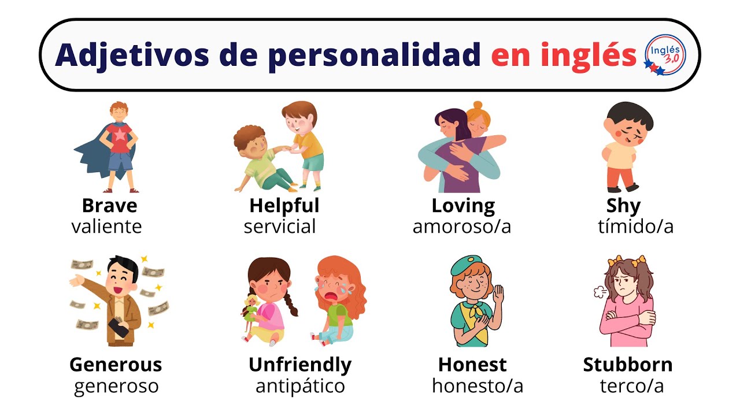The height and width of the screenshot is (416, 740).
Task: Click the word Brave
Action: pyautogui.click(x=110, y=206)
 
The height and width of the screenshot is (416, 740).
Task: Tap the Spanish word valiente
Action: pyautogui.click(x=106, y=226)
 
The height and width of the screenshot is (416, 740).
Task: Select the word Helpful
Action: pyautogui.click(x=284, y=206)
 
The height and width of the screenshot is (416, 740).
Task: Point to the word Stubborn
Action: pyautogui.click(x=628, y=365)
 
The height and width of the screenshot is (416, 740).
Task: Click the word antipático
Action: pyautogui.click(x=300, y=386)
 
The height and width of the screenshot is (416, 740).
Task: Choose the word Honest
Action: pyautogui.click(x=472, y=365)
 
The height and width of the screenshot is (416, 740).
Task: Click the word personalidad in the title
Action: pyautogui.click(x=373, y=55)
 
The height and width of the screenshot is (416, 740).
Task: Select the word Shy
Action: pyautogui.click(x=623, y=206)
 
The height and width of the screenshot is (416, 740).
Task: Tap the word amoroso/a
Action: pyautogui.click(x=461, y=226)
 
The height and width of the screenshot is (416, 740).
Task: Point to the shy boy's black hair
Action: pyautogui.click(x=630, y=116)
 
